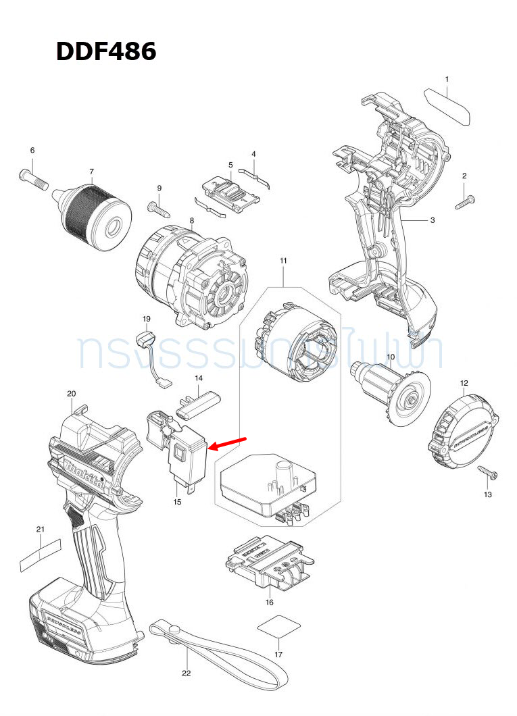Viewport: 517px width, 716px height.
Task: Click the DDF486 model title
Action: tap(106, 51)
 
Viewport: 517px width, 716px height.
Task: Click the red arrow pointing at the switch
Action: tap(227, 442)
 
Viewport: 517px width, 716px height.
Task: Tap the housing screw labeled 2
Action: tap(466, 201)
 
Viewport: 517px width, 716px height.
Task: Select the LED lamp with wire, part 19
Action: tap(150, 351)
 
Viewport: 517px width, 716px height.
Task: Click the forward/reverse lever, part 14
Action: tap(199, 401)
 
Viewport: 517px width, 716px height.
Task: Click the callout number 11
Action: tap(283, 261)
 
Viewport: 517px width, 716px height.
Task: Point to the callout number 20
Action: tap(72, 393)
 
